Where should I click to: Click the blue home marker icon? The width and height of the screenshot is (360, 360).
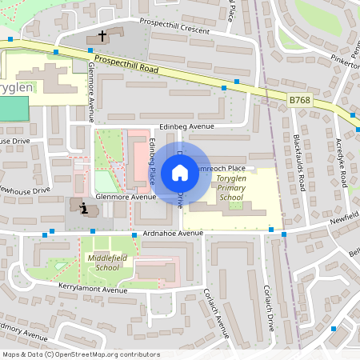180,172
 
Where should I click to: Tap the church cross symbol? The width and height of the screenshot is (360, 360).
102,36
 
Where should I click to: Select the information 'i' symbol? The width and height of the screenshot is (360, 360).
85,208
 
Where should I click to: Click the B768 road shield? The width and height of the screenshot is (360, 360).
299,100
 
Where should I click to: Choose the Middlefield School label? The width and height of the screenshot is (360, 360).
104,263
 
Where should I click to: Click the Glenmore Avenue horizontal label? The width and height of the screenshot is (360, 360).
126,196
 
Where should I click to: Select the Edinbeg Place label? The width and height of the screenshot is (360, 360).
152,160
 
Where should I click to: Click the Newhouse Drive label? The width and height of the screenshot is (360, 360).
24,191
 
